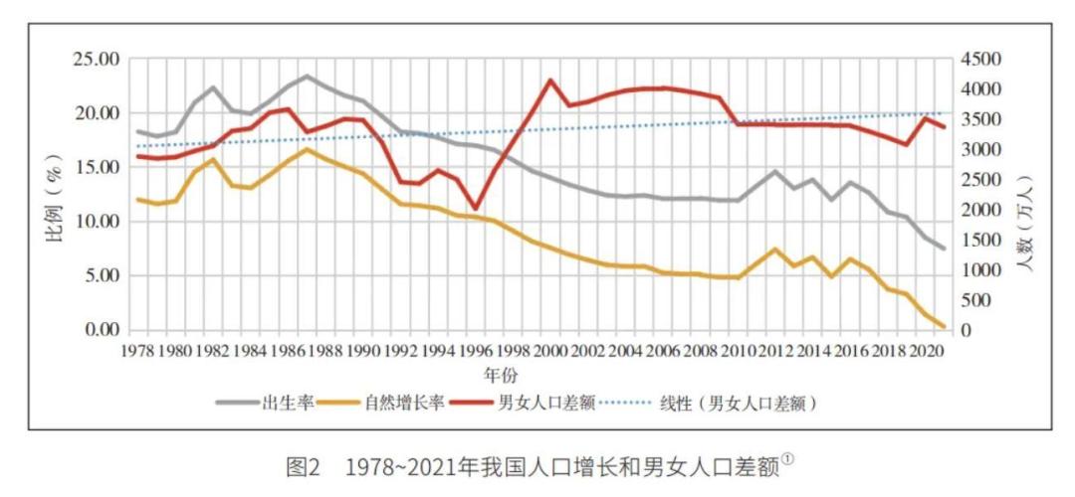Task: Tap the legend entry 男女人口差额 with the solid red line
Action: pyautogui.click(x=541, y=403)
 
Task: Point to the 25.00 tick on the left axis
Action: pyautogui.click(x=97, y=60)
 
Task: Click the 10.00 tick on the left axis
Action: pyautogui.click(x=97, y=222)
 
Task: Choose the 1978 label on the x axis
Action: pyautogui.click(x=138, y=351)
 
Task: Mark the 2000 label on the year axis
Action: pyautogui.click(x=550, y=351)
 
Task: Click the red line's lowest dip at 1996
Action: pyautogui.click(x=475, y=209)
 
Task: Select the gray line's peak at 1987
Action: pyautogui.click(x=308, y=76)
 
